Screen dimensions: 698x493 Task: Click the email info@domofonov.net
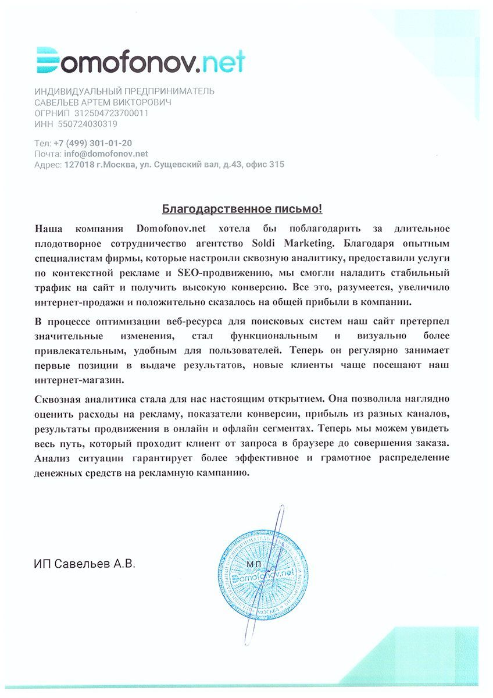[x=106, y=154]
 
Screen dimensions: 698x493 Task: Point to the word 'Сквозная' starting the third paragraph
[x=58, y=399]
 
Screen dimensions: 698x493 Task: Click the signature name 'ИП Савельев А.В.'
[x=84, y=564]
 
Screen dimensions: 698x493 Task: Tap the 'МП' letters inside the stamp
[x=254, y=564]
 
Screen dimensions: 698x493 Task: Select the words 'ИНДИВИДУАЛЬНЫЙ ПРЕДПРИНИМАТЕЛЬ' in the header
[x=124, y=91]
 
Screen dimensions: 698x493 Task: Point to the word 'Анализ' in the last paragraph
[x=52, y=458]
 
